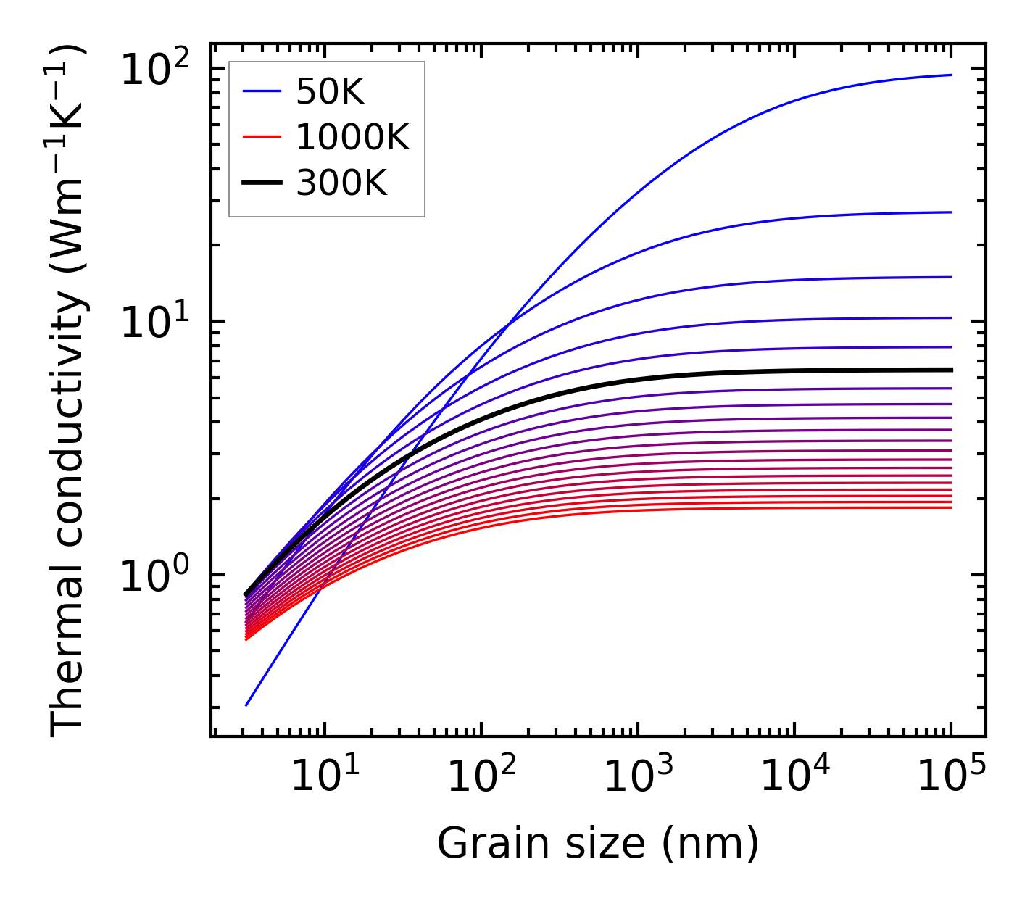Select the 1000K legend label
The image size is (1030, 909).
352,137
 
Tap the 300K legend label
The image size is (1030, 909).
341,183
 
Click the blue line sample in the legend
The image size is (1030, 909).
261,91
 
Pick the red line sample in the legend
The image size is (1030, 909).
261,137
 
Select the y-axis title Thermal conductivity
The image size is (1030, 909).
69,390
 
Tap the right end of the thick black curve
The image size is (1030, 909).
950,370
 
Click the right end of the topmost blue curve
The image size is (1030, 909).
950,75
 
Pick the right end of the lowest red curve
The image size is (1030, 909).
950,507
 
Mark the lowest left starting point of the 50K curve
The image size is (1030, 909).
246,705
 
